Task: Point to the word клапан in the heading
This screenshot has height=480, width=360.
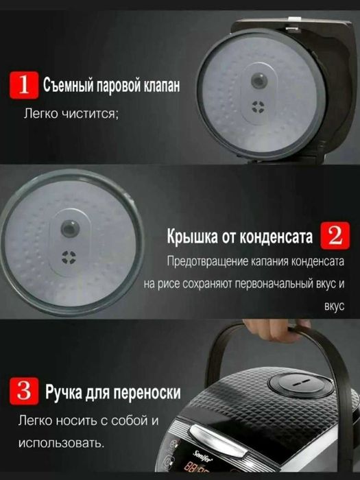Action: tap(157, 88)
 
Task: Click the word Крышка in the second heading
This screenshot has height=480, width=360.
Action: tap(193, 238)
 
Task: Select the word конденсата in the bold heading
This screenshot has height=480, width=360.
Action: tap(276, 238)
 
